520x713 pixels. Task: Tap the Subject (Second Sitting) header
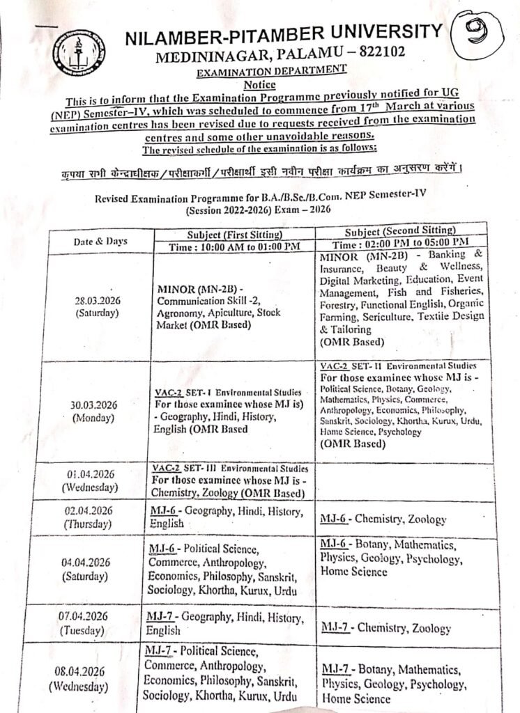tap(400, 231)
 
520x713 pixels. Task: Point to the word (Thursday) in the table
tap(92, 524)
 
